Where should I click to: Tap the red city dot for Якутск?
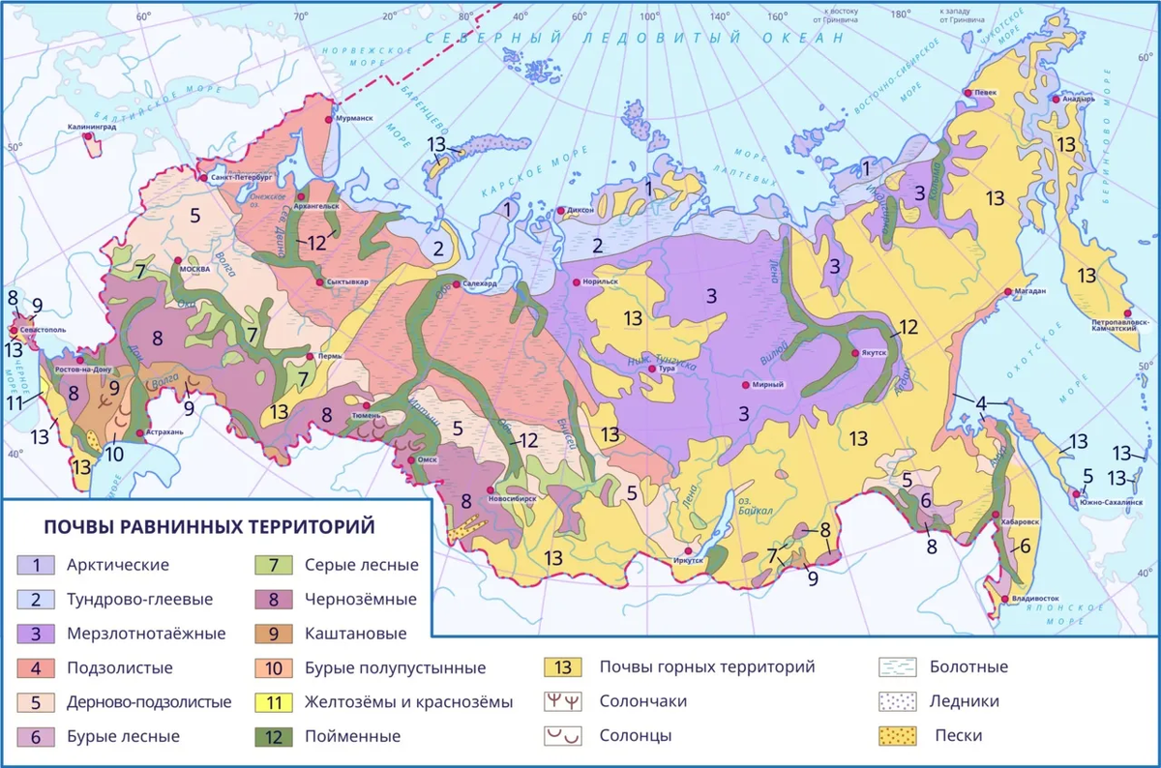coord(854,354)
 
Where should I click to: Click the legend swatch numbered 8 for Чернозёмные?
coord(274,600)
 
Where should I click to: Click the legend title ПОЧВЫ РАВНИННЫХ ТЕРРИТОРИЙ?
coord(209,526)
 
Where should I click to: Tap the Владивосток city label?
coord(1037,600)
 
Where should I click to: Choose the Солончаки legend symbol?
coord(562,701)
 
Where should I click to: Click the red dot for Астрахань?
coord(140,432)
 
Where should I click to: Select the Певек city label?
coord(985,93)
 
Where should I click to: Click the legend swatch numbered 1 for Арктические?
coord(36,565)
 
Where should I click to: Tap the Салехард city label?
coord(481,284)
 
